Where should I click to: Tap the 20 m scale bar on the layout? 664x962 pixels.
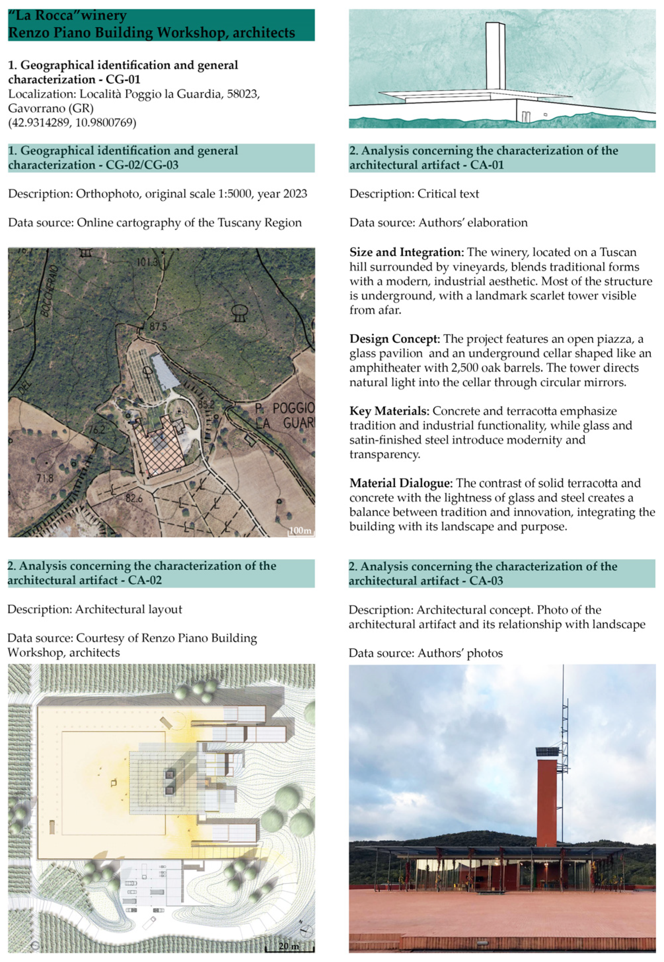(290, 946)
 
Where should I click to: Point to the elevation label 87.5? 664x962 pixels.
(158, 327)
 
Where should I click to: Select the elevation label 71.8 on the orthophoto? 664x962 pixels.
(45, 478)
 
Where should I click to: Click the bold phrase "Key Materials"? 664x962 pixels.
(389, 411)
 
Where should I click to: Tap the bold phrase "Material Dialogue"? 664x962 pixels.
(400, 483)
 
